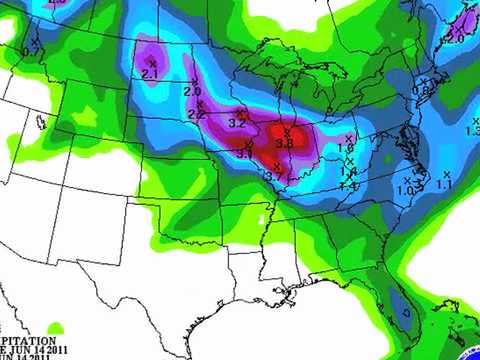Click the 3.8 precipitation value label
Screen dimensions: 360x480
pos(284,144)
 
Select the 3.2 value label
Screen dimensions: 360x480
pos(238,123)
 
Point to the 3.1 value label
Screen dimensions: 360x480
pos(244,153)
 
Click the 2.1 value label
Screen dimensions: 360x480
pos(151,74)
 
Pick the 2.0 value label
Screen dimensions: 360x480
pos(192,91)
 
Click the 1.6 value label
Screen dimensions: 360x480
pos(347,148)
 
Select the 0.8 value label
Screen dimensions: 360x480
pos(421,90)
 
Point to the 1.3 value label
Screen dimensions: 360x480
pos(473,131)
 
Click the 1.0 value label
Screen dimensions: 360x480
pos(405,190)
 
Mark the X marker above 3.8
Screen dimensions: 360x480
pos(287,132)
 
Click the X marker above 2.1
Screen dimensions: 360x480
pos(152,63)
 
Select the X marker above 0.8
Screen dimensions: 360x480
pos(423,79)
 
